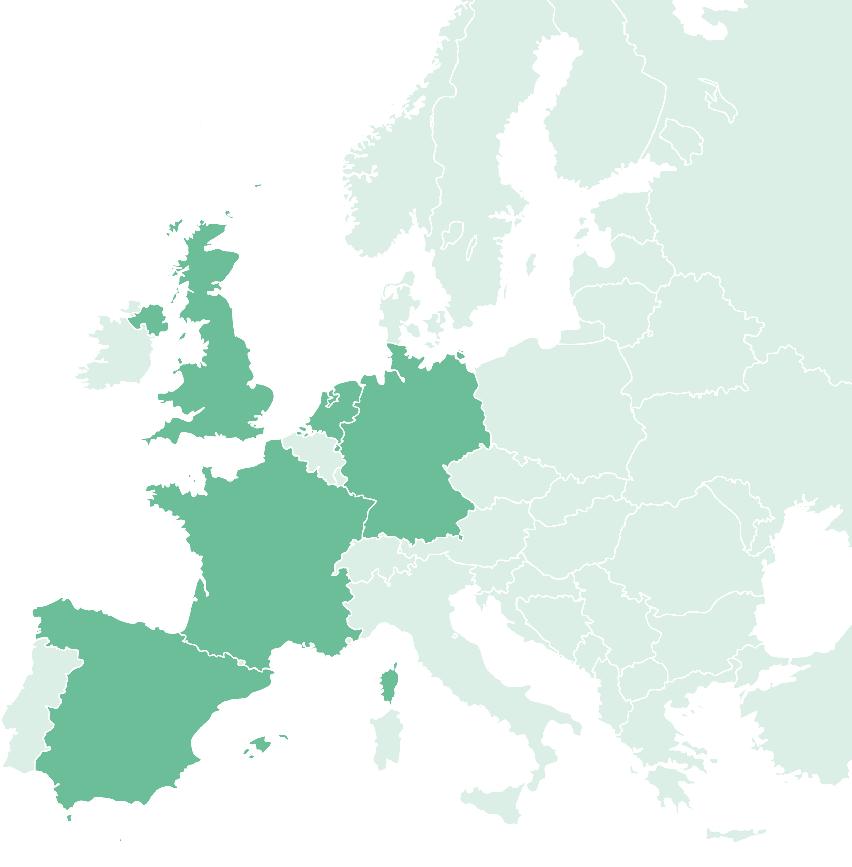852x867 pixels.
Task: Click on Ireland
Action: [116, 352]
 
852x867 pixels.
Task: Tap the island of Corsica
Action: [389, 682]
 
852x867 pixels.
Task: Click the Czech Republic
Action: [496, 476]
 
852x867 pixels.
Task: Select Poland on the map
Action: [558, 403]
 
